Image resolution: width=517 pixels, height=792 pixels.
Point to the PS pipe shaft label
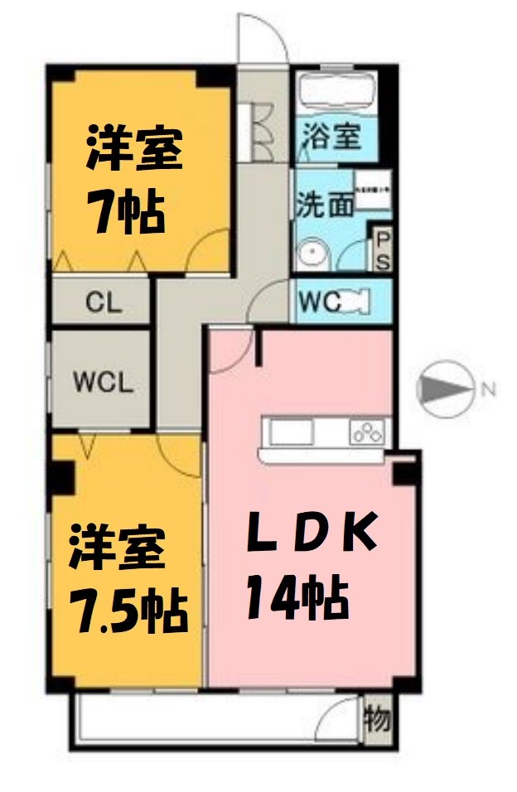pyautogui.click(x=384, y=249)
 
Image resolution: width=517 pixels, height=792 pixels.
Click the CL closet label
pyautogui.click(x=104, y=302)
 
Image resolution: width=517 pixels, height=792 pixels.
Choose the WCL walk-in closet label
pyautogui.click(x=102, y=383)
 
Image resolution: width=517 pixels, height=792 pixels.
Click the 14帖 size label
pyautogui.click(x=295, y=598)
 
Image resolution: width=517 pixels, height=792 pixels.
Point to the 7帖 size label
pyautogui.click(x=125, y=212)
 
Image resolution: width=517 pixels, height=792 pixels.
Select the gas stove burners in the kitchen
pyautogui.click(x=368, y=431)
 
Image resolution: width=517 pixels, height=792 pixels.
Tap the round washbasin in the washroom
pyautogui.click(x=311, y=255)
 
